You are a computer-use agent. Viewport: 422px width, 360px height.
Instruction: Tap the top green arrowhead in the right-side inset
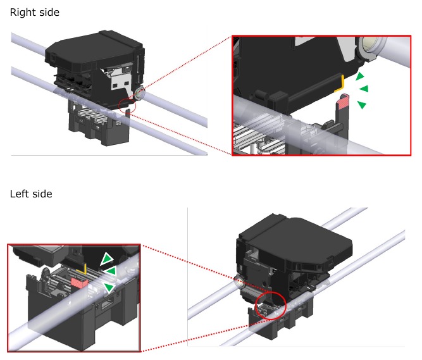click(x=360, y=77)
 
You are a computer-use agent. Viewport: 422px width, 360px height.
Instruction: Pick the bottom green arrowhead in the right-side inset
click(x=361, y=104)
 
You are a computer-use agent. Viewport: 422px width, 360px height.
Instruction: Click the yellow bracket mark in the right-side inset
click(x=340, y=82)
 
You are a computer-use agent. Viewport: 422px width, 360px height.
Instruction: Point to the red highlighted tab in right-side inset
click(x=344, y=100)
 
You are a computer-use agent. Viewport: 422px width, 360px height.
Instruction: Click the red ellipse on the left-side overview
click(x=270, y=307)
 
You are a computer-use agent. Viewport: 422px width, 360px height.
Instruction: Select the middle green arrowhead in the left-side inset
click(x=110, y=271)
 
